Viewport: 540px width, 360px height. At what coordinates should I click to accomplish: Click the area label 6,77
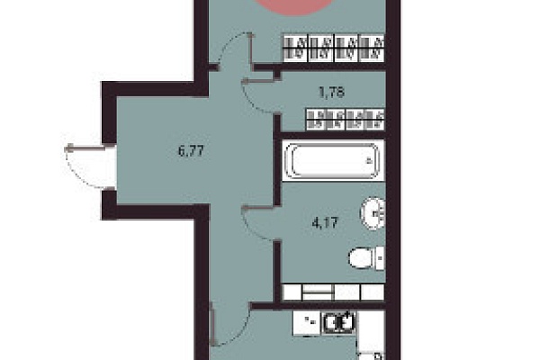click(x=191, y=151)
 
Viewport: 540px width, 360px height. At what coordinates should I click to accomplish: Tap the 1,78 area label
click(x=331, y=93)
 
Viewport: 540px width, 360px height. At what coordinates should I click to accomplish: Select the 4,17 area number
click(x=325, y=223)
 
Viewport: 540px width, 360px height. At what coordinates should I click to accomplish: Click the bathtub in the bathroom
click(x=333, y=160)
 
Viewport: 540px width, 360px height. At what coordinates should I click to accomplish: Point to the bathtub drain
click(x=369, y=160)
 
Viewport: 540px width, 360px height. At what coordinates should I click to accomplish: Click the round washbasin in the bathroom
click(x=373, y=213)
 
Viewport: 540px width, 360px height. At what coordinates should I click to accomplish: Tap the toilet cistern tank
click(x=380, y=258)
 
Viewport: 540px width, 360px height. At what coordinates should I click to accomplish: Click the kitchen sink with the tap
click(x=338, y=323)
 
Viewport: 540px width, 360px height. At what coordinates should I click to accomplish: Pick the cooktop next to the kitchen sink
click(x=307, y=323)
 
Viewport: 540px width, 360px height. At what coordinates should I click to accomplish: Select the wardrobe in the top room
click(x=333, y=48)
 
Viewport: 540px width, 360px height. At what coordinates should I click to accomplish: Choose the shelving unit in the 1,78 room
click(x=346, y=120)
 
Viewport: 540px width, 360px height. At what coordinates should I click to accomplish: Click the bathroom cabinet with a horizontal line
click(x=318, y=292)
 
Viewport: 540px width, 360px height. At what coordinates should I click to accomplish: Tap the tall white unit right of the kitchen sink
click(x=371, y=330)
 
